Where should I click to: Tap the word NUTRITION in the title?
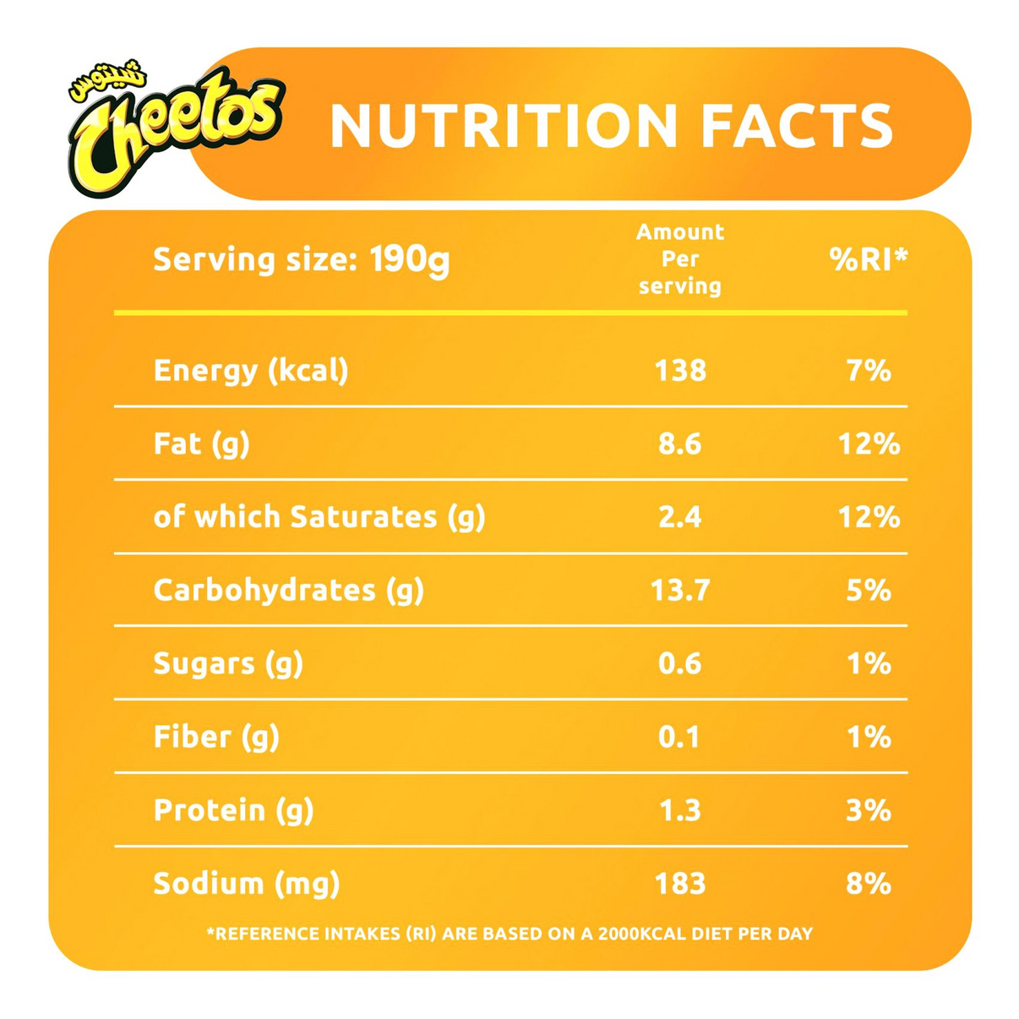(504, 126)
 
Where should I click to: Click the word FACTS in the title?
(798, 126)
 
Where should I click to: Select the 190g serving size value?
(410, 259)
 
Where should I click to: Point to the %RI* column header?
(868, 259)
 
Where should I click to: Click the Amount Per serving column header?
(680, 259)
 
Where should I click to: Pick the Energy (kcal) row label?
(251, 370)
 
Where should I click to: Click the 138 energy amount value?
(680, 370)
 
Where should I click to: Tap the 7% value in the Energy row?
(869, 370)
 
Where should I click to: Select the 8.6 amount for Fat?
(680, 444)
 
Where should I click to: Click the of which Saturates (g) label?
(319, 517)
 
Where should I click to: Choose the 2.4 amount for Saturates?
(680, 517)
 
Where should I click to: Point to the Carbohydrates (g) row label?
(288, 590)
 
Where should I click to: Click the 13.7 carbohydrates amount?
(680, 590)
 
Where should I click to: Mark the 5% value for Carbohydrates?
(869, 590)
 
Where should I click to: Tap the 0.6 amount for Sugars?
(680, 663)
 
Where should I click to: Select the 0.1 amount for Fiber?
(680, 737)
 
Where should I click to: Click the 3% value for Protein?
(869, 810)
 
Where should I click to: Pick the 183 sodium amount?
(680, 884)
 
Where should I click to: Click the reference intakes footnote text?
(509, 934)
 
